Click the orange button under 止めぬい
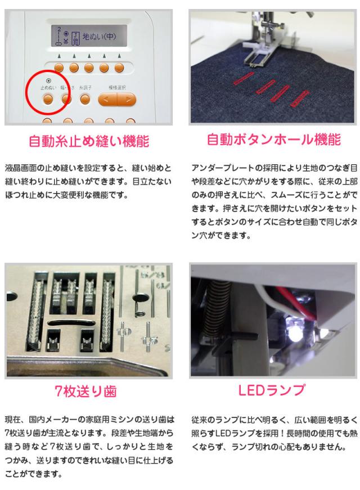(x=48, y=100)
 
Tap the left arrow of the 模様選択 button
(x=106, y=100)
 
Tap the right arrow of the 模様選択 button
(x=128, y=100)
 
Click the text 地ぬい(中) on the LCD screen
(x=100, y=37)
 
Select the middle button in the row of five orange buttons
(x=89, y=68)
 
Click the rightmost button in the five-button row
(x=119, y=68)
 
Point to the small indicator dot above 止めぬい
(x=48, y=80)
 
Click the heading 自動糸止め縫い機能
(x=89, y=141)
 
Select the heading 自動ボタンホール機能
(x=274, y=140)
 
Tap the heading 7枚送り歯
(x=85, y=391)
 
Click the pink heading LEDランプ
(x=271, y=390)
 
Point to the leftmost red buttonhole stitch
(x=244, y=78)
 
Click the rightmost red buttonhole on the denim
(x=300, y=99)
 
